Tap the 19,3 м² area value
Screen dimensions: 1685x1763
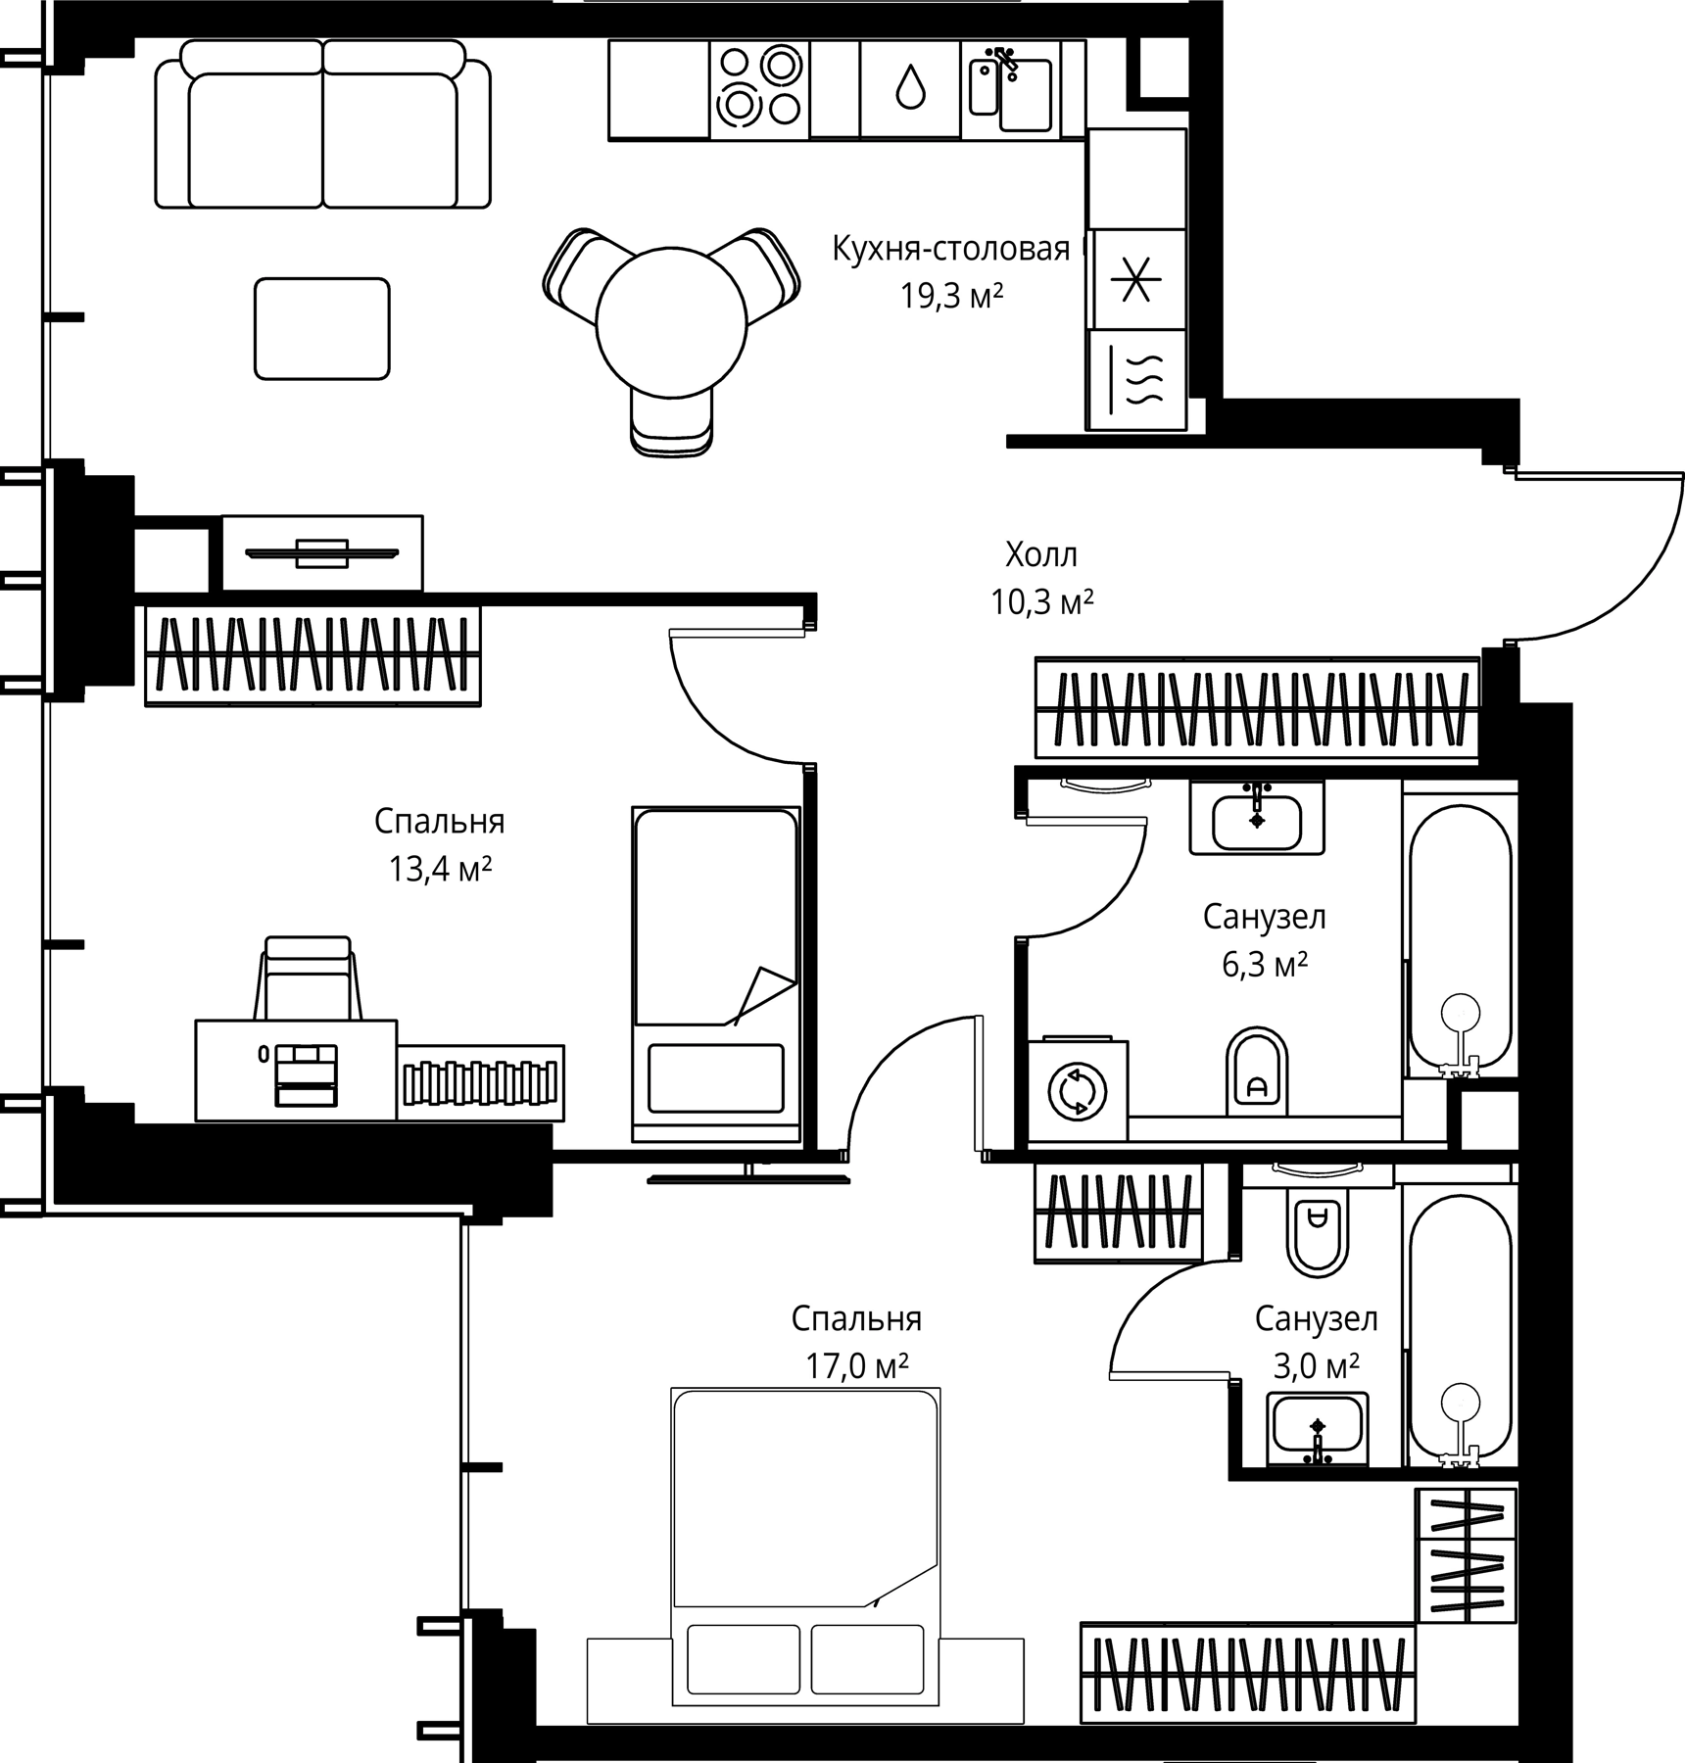[x=952, y=295]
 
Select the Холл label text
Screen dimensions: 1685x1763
[x=1041, y=555]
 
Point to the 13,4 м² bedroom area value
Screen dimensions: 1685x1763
[x=440, y=868]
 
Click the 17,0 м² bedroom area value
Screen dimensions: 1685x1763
[x=857, y=1365]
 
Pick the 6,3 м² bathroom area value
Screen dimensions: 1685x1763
[x=1265, y=965]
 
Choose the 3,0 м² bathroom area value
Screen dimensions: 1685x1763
[x=1316, y=1365]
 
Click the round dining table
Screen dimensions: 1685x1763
[x=671, y=323]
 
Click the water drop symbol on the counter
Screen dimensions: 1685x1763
[x=910, y=87]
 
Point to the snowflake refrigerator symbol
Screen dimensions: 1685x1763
[x=1135, y=280]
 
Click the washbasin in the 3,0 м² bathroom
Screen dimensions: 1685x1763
[x=1318, y=1429]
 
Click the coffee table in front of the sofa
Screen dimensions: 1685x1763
[x=322, y=328]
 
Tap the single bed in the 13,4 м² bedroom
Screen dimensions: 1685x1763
[x=716, y=975]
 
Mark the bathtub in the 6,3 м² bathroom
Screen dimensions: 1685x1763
[x=1460, y=937]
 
